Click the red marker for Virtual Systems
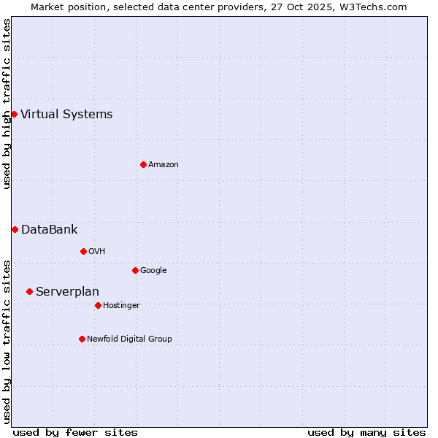coord(14,114)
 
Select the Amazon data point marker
coord(143,164)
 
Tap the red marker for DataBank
coord(15,229)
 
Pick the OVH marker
coord(83,251)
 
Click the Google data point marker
coord(135,270)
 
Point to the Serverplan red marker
coord(29,291)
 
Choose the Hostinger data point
coord(98,305)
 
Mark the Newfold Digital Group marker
coord(82,339)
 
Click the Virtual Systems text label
coord(66,114)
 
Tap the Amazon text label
coord(164,164)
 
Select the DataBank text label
coord(49,229)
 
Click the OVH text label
coord(97,251)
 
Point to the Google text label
coord(153,270)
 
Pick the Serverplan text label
coord(67,291)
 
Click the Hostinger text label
coord(121,305)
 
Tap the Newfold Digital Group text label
coord(129,339)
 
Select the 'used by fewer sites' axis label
coord(75,432)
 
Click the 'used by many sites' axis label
coord(366,432)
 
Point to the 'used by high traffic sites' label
coord(7,104)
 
